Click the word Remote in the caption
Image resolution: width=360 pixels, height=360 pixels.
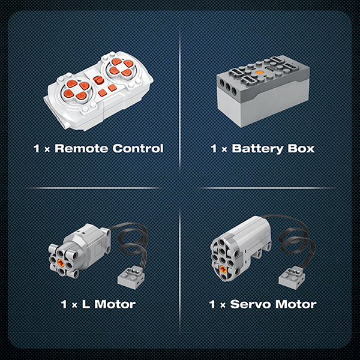click(x=81, y=148)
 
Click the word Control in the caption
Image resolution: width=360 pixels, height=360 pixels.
click(x=138, y=148)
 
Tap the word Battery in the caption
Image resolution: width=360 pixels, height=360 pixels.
click(x=257, y=149)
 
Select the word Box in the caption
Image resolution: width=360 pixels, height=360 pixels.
click(x=301, y=149)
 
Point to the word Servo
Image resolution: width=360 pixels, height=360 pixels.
click(x=251, y=304)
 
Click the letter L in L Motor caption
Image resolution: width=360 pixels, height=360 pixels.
click(x=86, y=304)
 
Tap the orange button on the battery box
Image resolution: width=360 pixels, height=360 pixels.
click(x=259, y=73)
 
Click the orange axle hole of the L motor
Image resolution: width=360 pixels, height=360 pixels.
click(x=61, y=263)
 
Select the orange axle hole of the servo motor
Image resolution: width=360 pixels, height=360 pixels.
click(x=223, y=269)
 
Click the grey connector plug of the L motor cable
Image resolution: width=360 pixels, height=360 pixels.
click(x=129, y=278)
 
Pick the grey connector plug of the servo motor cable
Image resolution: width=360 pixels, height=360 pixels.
click(x=290, y=278)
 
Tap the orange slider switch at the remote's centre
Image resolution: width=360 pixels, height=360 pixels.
click(x=98, y=80)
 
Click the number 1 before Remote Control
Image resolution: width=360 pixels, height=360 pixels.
click(x=36, y=149)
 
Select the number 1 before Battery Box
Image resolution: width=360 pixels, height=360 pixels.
click(x=214, y=149)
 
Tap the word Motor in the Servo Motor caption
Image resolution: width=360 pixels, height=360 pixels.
click(x=296, y=304)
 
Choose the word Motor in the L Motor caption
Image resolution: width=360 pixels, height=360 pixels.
click(x=115, y=304)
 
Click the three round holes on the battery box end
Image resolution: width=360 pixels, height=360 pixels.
click(x=228, y=86)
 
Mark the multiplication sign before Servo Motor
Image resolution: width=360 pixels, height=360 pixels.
click(x=223, y=305)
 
